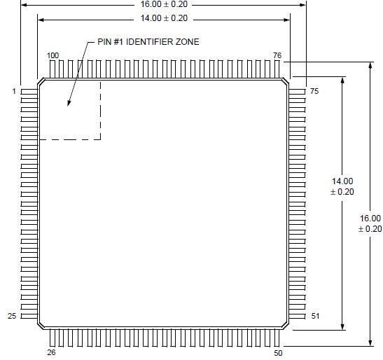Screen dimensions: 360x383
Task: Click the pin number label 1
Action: click(14, 91)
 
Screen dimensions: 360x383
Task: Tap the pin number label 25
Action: click(12, 316)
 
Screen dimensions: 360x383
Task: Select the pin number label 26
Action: click(51, 352)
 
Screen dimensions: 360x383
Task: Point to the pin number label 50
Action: click(278, 352)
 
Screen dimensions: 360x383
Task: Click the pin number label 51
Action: click(315, 316)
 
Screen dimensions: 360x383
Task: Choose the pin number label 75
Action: click(314, 91)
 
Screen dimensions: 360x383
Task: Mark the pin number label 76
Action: click(277, 55)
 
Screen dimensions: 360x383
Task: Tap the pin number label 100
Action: click(53, 55)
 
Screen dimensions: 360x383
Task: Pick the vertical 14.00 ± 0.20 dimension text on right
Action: click(342, 186)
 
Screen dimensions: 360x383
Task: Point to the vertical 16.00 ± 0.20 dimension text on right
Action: click(370, 223)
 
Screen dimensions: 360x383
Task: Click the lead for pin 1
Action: click(29, 91)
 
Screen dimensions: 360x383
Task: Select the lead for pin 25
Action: click(29, 316)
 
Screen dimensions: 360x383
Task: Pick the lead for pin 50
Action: click(278, 337)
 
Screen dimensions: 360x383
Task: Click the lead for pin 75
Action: click(297, 91)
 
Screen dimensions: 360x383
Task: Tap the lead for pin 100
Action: click(53, 69)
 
